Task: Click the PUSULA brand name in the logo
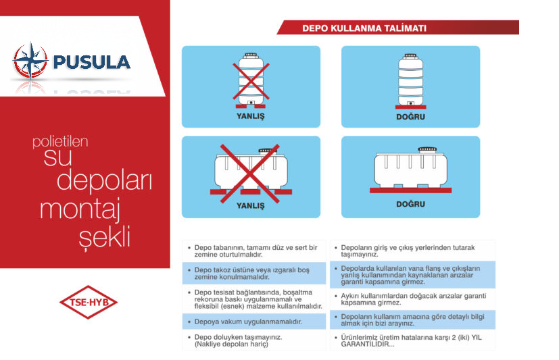pyautogui.click(x=91, y=62)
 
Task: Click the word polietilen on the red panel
pyautogui.click(x=60, y=143)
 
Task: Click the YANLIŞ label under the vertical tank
pyautogui.click(x=251, y=115)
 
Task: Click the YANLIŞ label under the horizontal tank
pyautogui.click(x=251, y=205)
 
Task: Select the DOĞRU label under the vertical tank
pyautogui.click(x=410, y=115)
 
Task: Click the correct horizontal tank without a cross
pyautogui.click(x=410, y=168)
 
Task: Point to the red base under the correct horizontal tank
pyautogui.click(x=410, y=190)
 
